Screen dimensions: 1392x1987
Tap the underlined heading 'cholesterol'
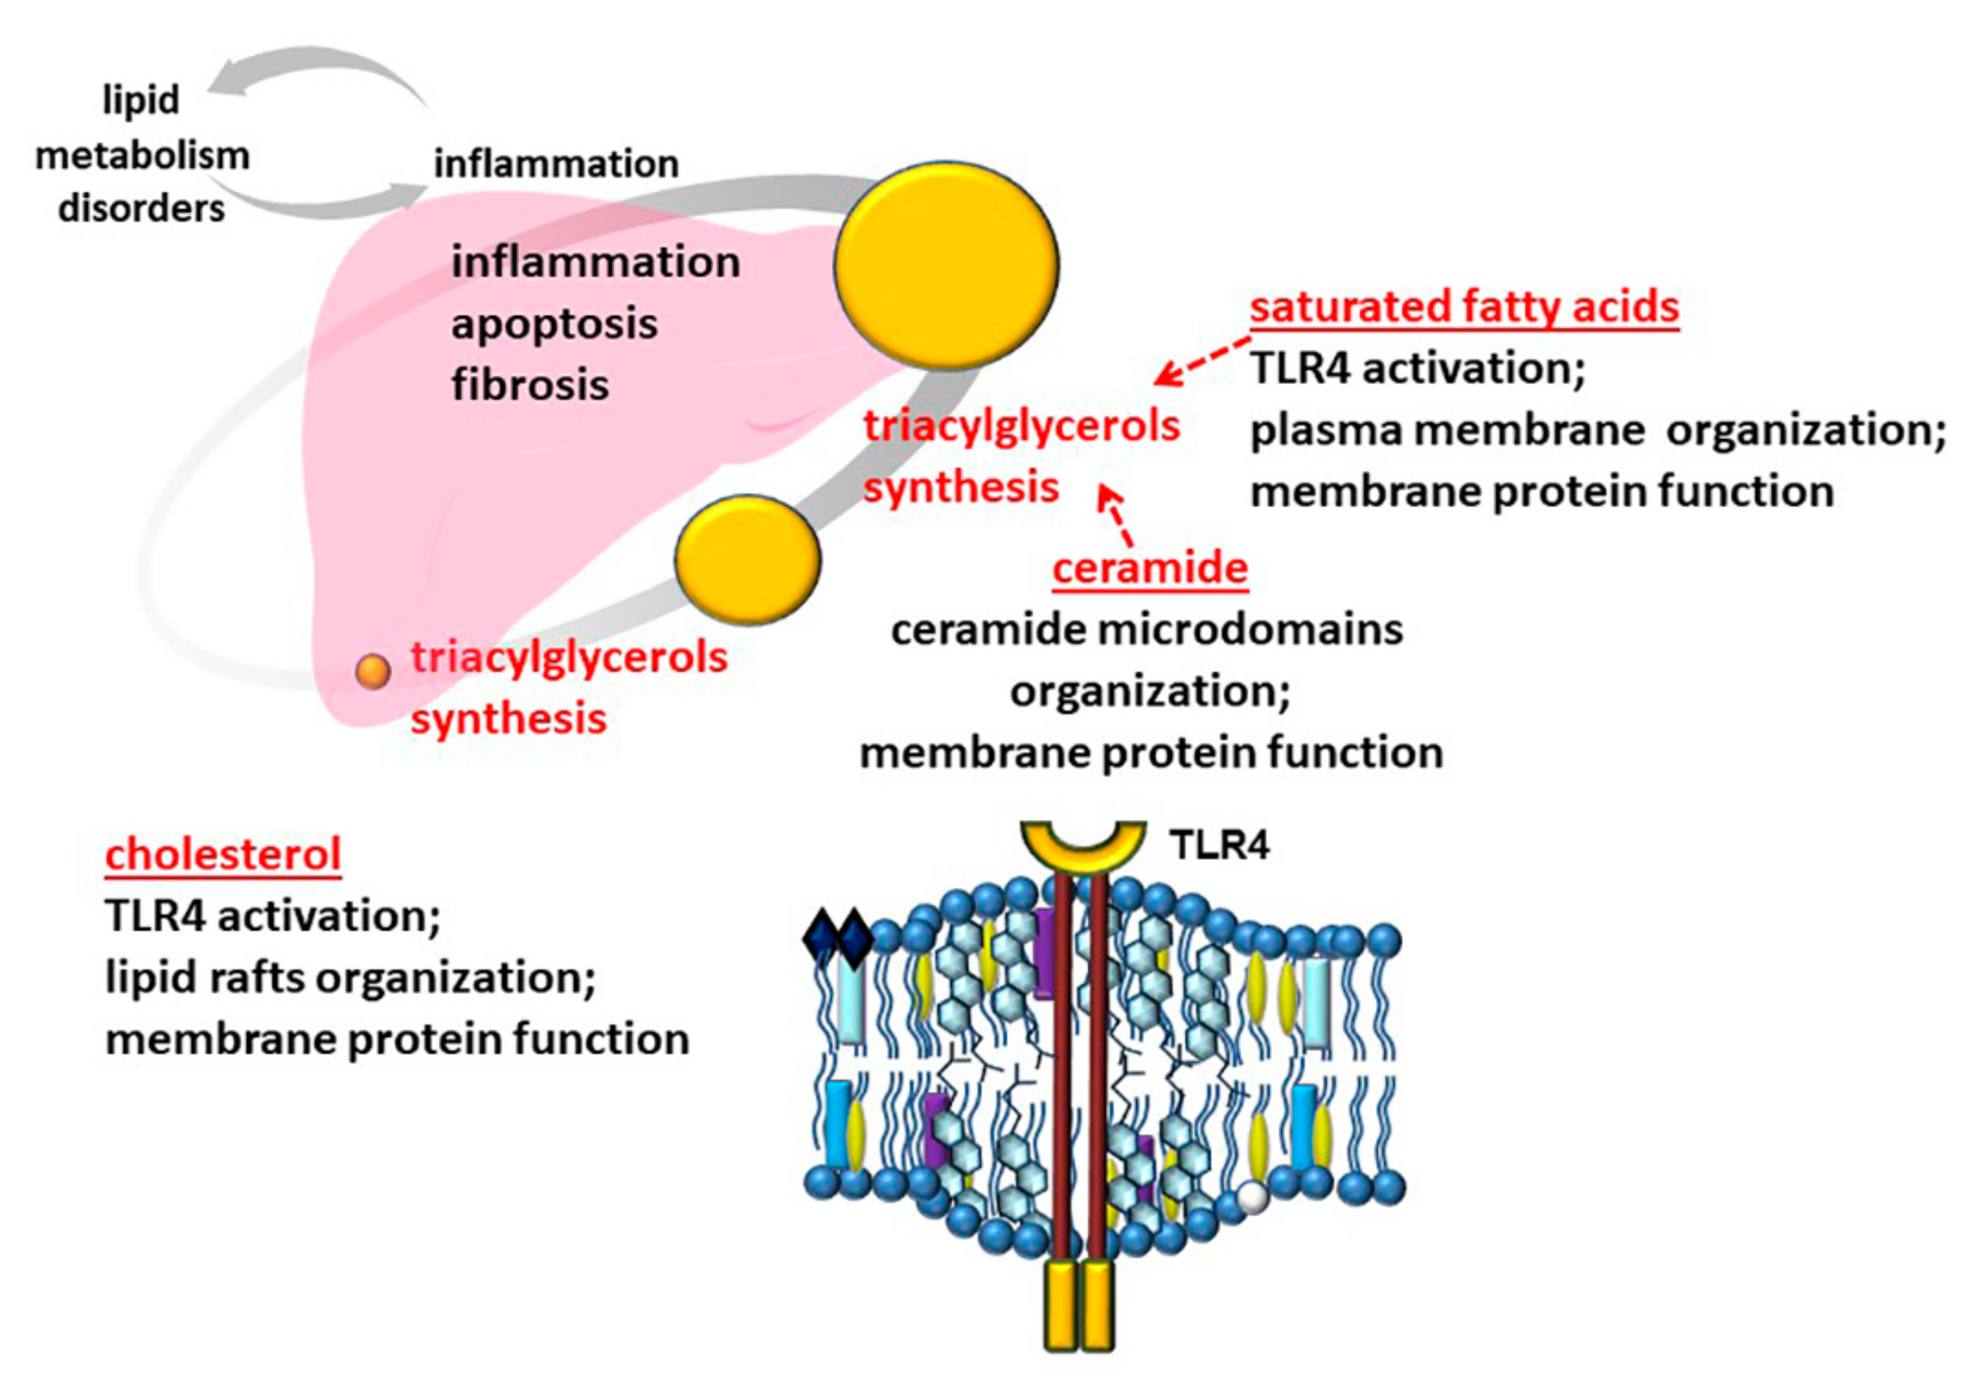click(223, 854)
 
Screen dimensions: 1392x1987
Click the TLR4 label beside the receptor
click(1220, 845)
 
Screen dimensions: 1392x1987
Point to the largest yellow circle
click(946, 265)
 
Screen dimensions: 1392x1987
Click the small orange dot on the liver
click(373, 671)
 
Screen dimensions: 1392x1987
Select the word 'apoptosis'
click(554, 324)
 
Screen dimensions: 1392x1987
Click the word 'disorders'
click(141, 208)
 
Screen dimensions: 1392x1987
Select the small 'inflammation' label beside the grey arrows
click(555, 163)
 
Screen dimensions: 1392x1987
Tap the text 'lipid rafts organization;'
click(351, 978)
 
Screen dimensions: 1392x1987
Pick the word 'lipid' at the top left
click(141, 100)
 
